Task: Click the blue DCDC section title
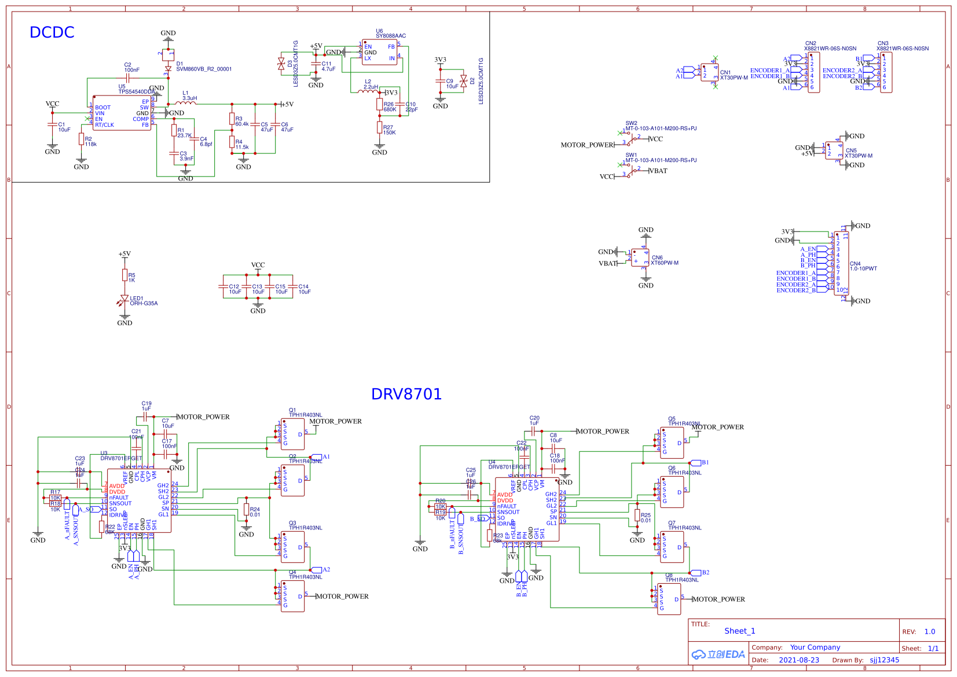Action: click(52, 32)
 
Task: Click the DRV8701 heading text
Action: click(406, 394)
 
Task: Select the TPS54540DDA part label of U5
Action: click(137, 91)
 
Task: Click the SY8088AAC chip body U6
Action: click(380, 52)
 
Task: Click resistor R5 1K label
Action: click(131, 278)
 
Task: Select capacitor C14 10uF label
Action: click(305, 289)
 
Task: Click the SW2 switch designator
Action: click(631, 123)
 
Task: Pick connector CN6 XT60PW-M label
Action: click(664, 260)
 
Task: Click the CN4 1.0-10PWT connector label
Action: click(863, 266)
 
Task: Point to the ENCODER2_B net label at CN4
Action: click(795, 290)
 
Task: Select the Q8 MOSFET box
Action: click(669, 599)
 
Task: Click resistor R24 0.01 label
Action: click(255, 512)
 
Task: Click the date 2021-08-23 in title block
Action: click(798, 660)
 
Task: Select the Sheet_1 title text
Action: click(739, 631)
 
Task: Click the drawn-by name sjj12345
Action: click(884, 660)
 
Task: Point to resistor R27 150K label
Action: click(389, 130)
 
